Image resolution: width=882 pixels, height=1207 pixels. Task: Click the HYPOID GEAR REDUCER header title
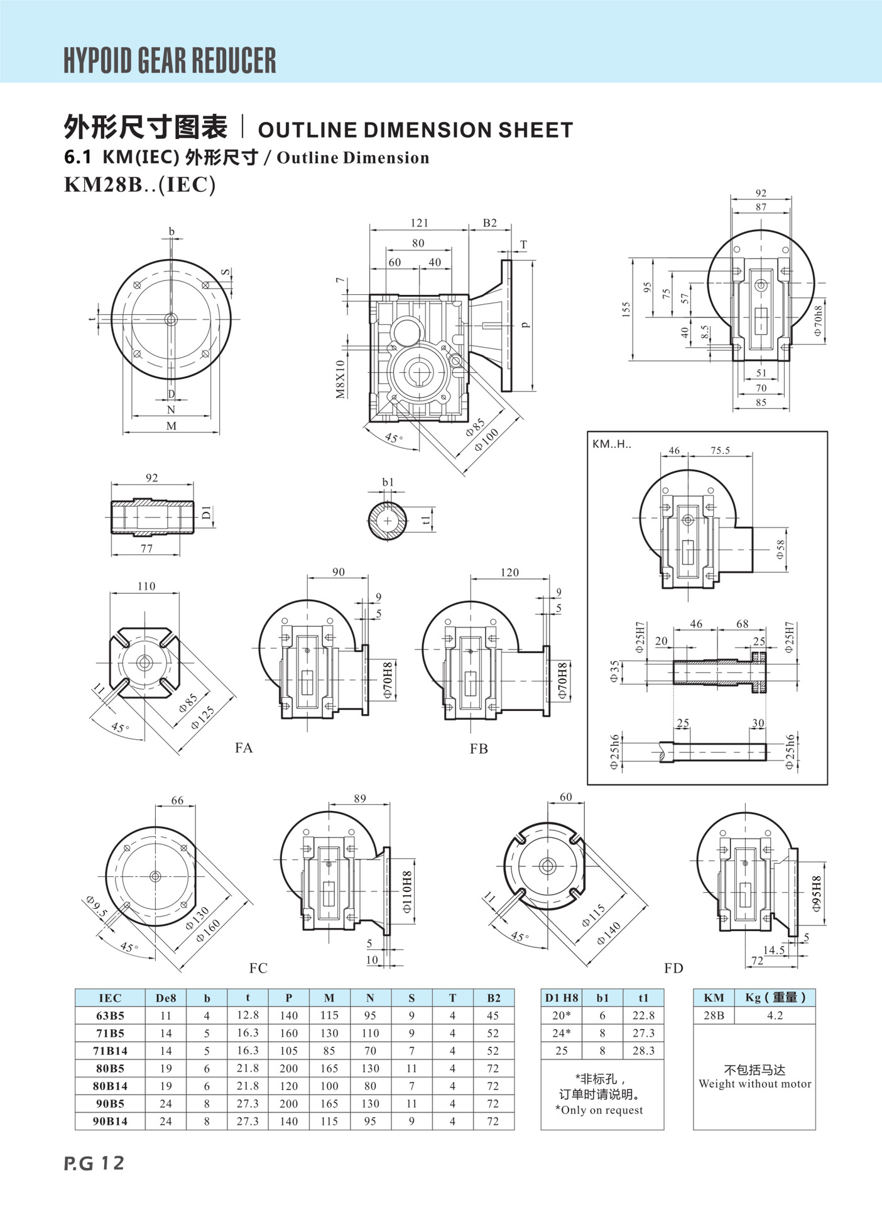pyautogui.click(x=170, y=60)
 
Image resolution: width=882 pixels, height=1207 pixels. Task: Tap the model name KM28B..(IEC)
pyautogui.click(x=140, y=185)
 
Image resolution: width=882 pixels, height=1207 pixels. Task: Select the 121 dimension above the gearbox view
pyautogui.click(x=420, y=223)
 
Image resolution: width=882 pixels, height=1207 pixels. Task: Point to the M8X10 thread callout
pyautogui.click(x=340, y=379)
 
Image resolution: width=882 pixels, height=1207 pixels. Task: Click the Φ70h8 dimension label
pyautogui.click(x=817, y=321)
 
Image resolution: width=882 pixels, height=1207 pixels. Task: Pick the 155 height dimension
pyautogui.click(x=626, y=309)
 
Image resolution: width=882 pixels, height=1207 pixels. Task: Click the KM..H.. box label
pyautogui.click(x=612, y=444)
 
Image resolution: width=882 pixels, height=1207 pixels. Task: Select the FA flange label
pyautogui.click(x=244, y=747)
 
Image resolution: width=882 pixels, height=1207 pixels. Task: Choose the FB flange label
pyautogui.click(x=479, y=748)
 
